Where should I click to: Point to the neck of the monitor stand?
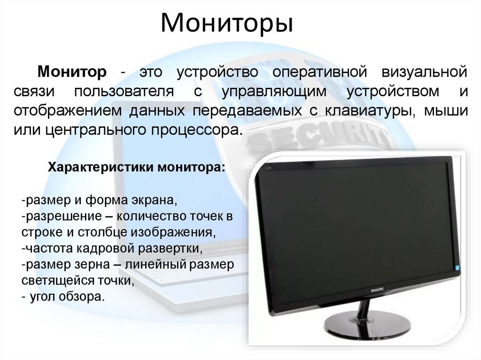[x=364, y=310]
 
